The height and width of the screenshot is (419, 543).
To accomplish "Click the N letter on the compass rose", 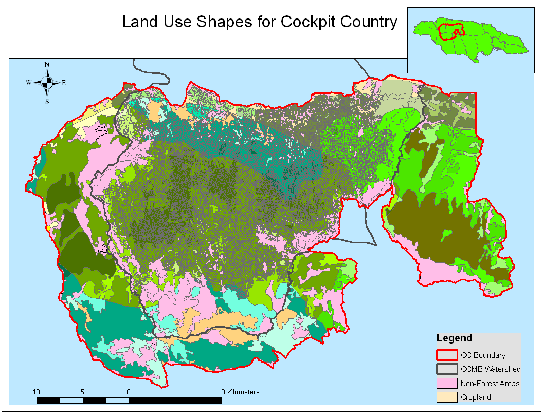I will (47, 65).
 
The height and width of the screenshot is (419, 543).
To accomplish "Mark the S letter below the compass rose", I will (47, 101).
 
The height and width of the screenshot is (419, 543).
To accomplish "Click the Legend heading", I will (454, 338).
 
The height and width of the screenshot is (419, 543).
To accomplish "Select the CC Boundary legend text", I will (483, 355).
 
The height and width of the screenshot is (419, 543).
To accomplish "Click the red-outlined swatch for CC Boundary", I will (446, 355).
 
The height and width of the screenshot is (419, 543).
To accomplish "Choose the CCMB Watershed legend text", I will (491, 369).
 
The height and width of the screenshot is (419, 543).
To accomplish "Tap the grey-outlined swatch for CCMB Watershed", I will (446, 369).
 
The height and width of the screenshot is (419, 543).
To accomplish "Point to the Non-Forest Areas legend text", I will (490, 383).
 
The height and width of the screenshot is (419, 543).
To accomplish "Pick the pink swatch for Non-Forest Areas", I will (446, 383).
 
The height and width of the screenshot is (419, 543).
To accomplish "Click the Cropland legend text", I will (476, 397).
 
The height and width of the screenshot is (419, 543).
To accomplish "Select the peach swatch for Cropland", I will (446, 397).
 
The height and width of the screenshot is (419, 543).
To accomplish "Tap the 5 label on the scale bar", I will (82, 392).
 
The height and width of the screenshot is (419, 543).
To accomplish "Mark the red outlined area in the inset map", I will (451, 32).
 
